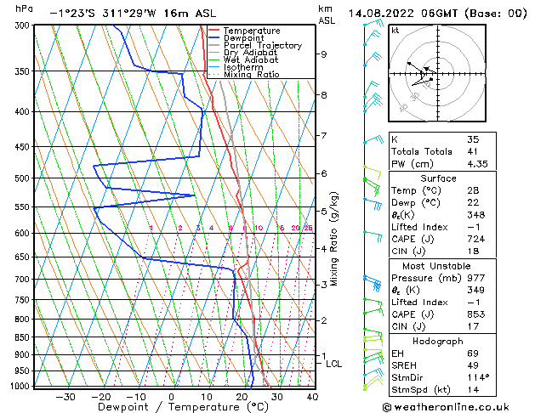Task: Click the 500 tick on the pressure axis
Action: [x=20, y=178]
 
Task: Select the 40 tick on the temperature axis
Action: [x=312, y=397]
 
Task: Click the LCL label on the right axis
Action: [x=334, y=364]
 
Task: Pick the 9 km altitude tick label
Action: [x=324, y=54]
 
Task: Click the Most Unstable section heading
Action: [x=438, y=266]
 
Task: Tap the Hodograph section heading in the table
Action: [x=439, y=341]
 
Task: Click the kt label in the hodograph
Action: [x=396, y=30]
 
